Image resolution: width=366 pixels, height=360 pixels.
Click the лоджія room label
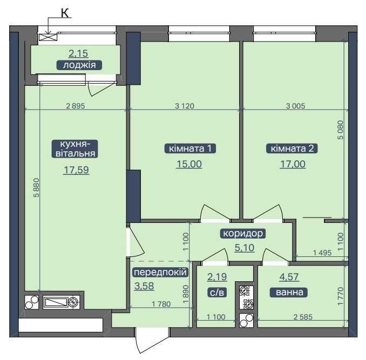click(x=79, y=65)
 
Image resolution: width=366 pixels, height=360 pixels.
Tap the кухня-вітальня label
click(x=75, y=149)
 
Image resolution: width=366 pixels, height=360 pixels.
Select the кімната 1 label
click(x=190, y=148)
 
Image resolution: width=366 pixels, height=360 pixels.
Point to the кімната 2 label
click(x=292, y=148)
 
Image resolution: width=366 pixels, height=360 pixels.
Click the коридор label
click(x=243, y=233)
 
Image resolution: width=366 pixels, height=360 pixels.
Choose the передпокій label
click(x=160, y=272)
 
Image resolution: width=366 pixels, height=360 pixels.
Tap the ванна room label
click(x=289, y=293)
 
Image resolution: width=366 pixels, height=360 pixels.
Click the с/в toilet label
click(x=217, y=293)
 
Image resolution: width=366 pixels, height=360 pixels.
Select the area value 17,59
click(x=76, y=170)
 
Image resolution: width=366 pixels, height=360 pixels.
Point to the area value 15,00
click(x=189, y=164)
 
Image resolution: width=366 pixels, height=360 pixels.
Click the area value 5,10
click(x=245, y=248)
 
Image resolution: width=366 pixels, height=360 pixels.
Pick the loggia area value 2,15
click(x=78, y=53)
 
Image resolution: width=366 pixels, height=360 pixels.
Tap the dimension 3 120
click(x=185, y=106)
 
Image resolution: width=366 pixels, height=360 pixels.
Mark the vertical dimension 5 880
click(x=36, y=188)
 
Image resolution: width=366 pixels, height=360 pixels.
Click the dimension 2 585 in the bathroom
click(x=303, y=317)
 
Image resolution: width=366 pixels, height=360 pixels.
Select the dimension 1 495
click(x=322, y=253)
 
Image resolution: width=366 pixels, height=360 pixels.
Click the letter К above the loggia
click(x=65, y=13)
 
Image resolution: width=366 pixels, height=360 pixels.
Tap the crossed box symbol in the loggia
click(x=48, y=37)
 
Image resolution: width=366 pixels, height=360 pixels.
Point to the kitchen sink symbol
click(x=62, y=302)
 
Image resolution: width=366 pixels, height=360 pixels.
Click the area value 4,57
click(x=289, y=277)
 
